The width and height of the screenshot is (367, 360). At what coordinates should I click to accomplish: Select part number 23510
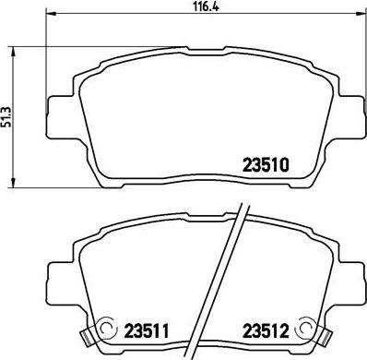266,167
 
